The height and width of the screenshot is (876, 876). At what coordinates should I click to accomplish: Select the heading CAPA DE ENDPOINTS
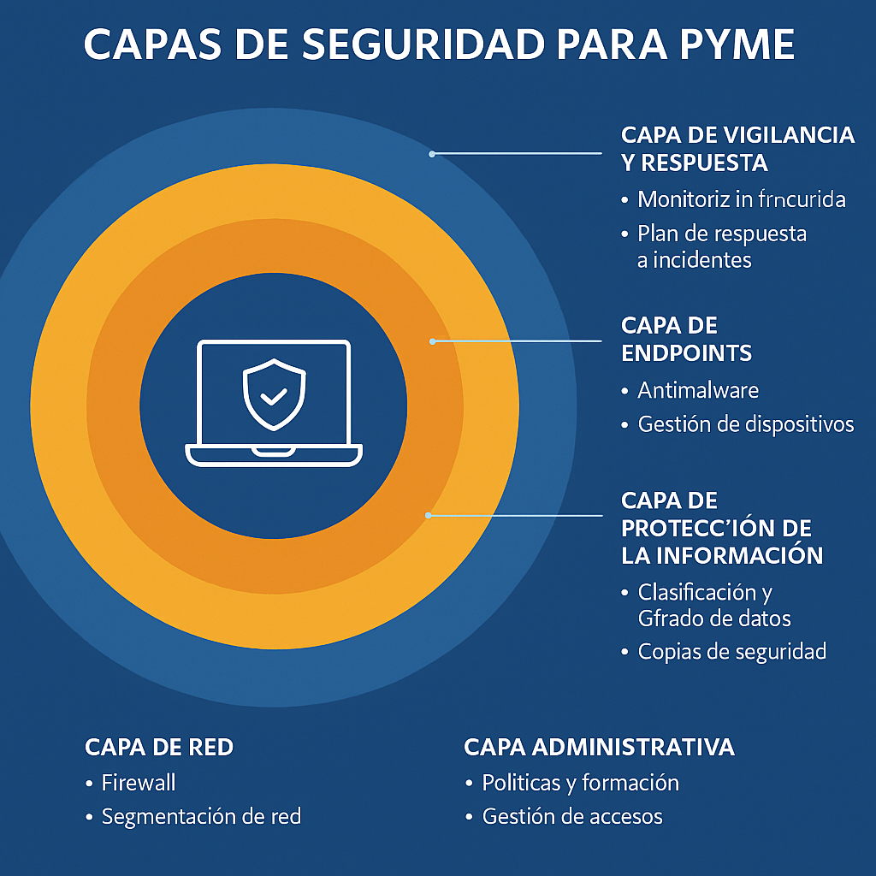686,339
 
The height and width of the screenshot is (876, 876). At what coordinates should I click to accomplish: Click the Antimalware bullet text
698,390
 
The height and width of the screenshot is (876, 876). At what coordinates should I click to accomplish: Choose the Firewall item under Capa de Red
139,782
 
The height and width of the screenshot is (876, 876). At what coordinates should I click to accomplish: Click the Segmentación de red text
201,816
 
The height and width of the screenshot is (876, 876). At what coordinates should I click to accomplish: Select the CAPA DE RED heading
159,747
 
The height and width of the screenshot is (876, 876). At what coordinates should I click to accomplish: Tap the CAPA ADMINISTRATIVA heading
599,747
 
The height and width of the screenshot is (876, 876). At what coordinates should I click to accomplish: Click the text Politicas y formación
580,782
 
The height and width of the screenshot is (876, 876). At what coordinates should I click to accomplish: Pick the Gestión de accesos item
572,816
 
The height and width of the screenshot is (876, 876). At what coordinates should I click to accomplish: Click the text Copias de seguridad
732,651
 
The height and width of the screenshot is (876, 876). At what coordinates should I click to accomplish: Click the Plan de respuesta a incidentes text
722,246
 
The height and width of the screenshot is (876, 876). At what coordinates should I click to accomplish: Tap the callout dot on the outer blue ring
432,154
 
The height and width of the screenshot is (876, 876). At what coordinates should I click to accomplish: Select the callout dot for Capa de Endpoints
433,341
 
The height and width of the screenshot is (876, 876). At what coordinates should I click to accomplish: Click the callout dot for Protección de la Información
428,516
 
